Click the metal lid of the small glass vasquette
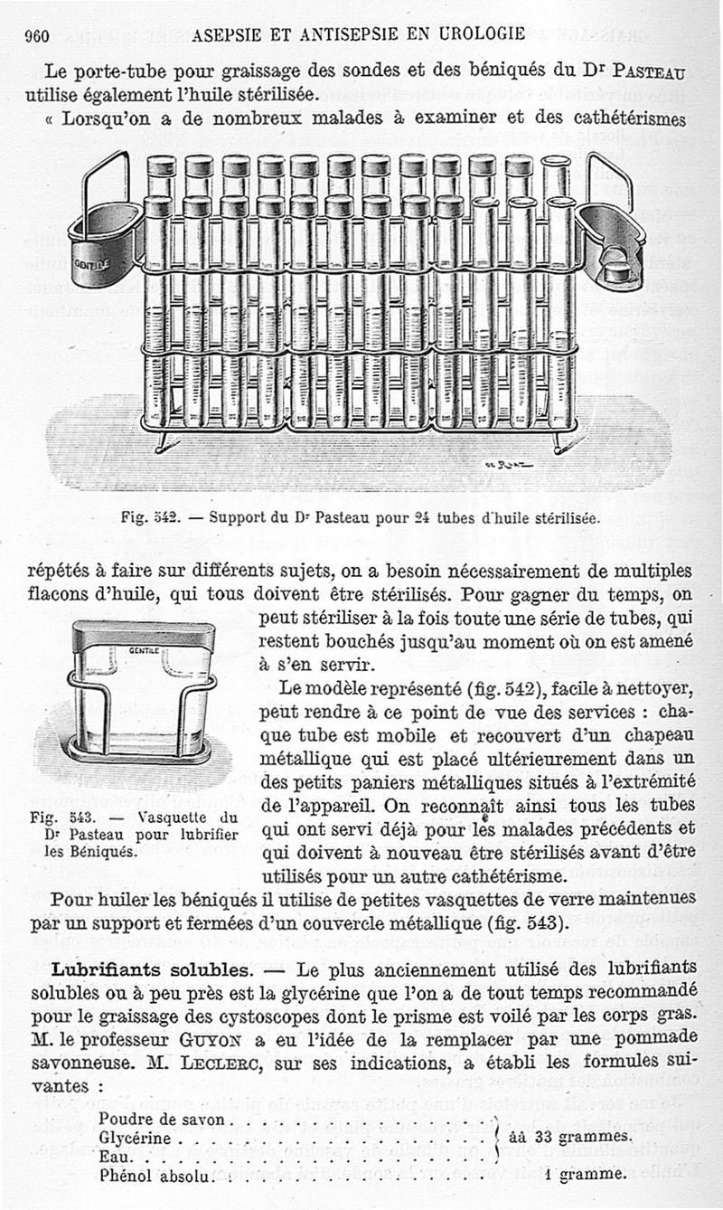click(x=144, y=638)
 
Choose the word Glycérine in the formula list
click(x=135, y=1138)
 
